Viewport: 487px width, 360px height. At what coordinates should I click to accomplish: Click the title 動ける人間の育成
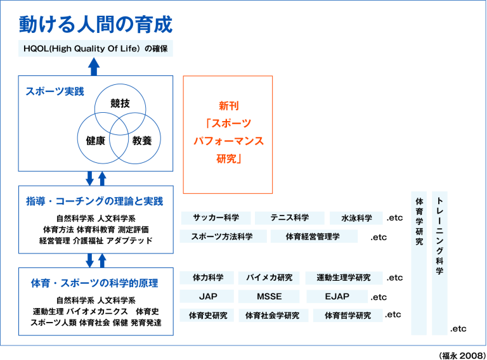[x=96, y=25]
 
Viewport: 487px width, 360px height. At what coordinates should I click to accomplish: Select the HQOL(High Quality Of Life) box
[x=96, y=48]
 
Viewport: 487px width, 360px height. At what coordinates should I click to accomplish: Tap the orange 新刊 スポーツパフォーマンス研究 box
[x=228, y=134]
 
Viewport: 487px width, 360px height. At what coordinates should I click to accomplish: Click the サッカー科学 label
[x=216, y=218]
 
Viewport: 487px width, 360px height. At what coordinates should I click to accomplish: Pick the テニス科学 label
[x=289, y=218]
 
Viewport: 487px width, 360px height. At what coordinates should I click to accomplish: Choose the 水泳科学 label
[x=356, y=218]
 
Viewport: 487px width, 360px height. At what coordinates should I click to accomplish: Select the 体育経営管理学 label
[x=313, y=236]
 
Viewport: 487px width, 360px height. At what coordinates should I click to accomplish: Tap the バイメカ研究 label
[x=269, y=278]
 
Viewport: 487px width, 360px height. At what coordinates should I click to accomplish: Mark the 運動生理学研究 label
[x=344, y=278]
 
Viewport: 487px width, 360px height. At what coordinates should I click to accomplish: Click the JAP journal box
[x=207, y=297]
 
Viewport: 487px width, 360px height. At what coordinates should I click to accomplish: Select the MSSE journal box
[x=269, y=297]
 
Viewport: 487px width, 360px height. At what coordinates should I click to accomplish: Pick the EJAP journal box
[x=337, y=297]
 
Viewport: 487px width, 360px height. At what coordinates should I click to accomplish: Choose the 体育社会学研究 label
[x=273, y=316]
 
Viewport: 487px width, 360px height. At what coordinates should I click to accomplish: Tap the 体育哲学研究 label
[x=347, y=316]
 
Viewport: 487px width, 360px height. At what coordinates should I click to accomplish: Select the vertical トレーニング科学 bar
[x=439, y=263]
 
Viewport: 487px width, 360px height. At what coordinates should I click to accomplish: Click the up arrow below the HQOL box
[x=94, y=66]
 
